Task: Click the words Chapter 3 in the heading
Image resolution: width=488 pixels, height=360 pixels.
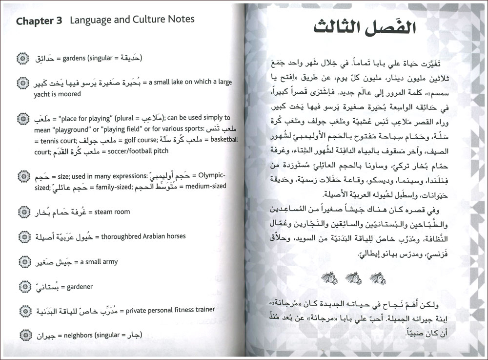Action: pyautogui.click(x=40, y=21)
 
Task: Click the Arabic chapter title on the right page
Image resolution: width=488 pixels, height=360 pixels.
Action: pyautogui.click(x=366, y=27)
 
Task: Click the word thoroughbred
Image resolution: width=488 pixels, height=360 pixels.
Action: pyautogui.click(x=122, y=236)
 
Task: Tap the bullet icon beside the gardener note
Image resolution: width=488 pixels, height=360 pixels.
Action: pyautogui.click(x=22, y=286)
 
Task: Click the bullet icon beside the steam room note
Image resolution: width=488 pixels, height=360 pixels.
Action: pyautogui.click(x=22, y=212)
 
